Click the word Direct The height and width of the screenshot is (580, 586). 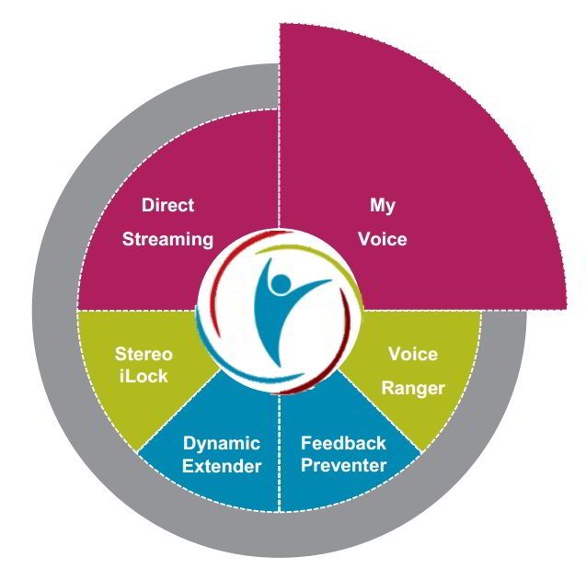click(167, 205)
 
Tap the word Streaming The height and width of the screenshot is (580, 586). click(167, 240)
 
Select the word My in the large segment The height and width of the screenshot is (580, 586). click(383, 205)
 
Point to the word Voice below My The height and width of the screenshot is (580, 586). click(383, 239)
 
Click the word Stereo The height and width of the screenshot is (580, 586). click(144, 354)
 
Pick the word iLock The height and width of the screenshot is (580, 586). click(144, 375)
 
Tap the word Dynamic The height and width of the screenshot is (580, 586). click(221, 444)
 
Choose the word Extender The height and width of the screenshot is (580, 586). click(221, 466)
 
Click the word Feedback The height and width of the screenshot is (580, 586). click(343, 443)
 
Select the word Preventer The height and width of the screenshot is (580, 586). click(343, 465)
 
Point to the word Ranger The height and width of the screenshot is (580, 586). click(413, 388)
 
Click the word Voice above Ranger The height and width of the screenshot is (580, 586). click(413, 354)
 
